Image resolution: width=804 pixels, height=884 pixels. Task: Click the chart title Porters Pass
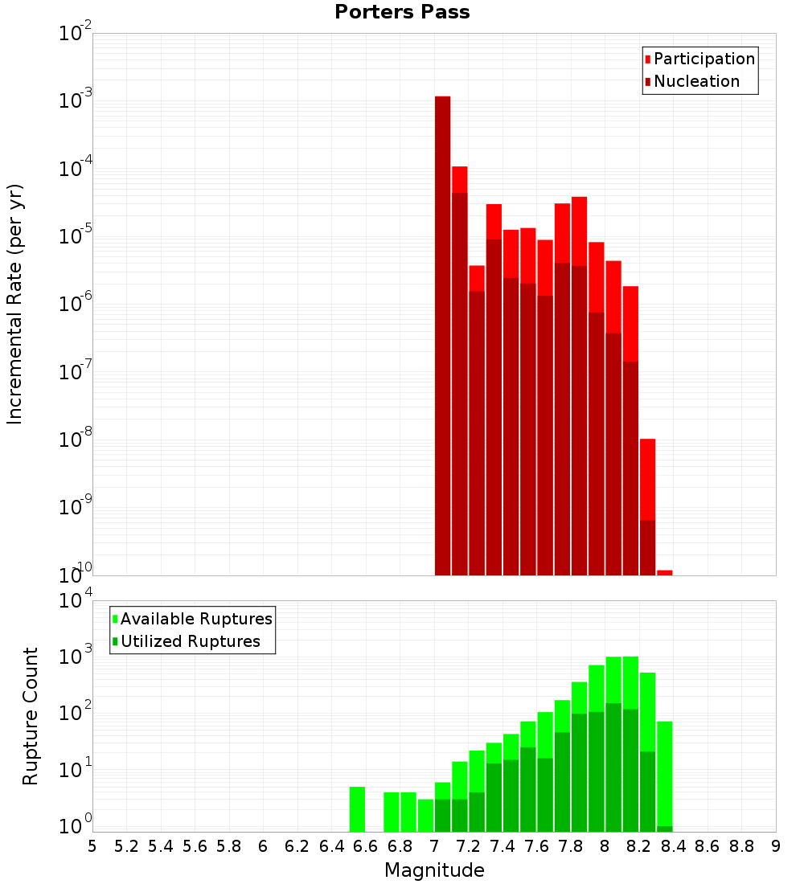(x=402, y=12)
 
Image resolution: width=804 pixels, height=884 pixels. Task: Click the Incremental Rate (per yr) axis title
(x=14, y=304)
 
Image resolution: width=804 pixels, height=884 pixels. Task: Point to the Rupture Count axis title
(x=31, y=716)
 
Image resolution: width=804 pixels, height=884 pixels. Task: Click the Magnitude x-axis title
(x=434, y=870)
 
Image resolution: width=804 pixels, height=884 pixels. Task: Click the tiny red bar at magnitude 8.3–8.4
(x=665, y=572)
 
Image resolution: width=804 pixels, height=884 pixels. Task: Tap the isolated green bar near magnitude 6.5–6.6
(x=357, y=809)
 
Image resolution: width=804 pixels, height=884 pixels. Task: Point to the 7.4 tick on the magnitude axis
(x=503, y=846)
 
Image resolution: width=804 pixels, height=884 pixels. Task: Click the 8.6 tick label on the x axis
(x=708, y=846)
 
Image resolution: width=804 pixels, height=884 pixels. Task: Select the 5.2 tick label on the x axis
(x=126, y=846)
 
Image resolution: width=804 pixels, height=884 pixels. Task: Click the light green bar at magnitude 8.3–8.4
(x=665, y=771)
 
